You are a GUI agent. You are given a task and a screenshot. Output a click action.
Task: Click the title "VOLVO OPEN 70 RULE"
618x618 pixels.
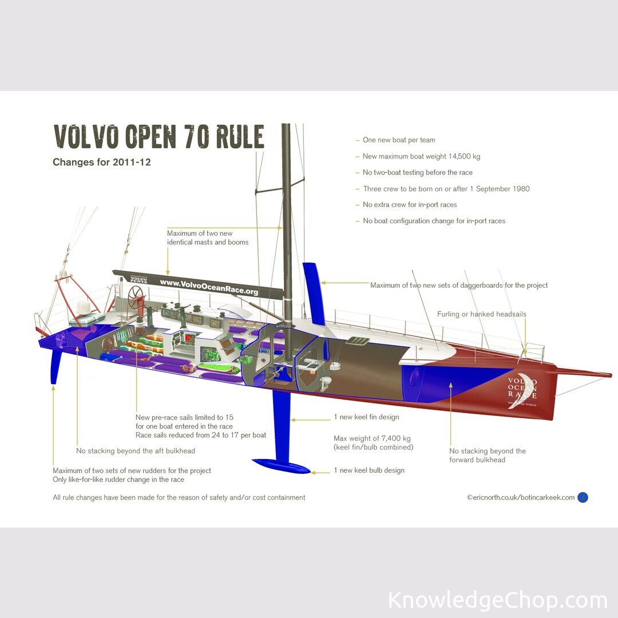coord(159,137)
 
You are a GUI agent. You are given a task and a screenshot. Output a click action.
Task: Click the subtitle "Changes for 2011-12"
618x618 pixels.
coord(101,162)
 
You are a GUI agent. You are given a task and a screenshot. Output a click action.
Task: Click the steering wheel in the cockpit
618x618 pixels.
coord(137,296)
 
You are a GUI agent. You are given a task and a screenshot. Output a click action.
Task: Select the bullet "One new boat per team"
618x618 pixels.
coord(399,140)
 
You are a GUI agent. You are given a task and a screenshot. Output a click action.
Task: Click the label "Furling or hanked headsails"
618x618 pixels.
coord(481,314)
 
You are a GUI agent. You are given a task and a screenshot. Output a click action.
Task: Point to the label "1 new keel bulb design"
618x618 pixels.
coord(369,470)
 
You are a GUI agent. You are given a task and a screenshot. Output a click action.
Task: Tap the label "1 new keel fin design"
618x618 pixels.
coord(366,417)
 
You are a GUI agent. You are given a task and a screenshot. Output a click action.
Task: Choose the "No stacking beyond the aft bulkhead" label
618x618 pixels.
coord(136,451)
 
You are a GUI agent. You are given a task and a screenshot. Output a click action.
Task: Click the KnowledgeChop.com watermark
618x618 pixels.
coord(497,600)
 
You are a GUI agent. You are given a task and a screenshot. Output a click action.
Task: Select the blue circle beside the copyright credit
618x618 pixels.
coord(583,497)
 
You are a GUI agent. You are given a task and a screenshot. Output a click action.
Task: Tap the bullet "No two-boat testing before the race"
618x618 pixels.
coord(417,172)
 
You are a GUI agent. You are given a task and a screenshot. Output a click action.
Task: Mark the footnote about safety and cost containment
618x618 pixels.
coord(179,497)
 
